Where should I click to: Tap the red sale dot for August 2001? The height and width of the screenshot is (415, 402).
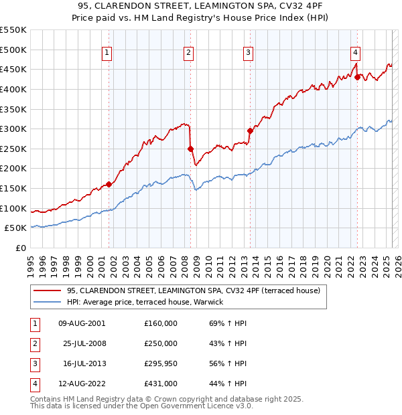click(109, 184)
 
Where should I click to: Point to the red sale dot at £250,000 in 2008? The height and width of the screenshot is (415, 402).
click(191, 149)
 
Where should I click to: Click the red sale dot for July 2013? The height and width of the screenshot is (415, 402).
click(250, 131)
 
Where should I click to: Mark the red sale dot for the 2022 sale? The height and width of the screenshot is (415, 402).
click(358, 77)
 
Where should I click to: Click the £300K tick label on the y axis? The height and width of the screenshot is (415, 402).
click(13, 129)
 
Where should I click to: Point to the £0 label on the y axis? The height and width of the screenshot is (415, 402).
click(21, 248)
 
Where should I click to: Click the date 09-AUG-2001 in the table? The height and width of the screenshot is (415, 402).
click(82, 323)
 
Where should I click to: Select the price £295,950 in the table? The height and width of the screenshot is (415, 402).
click(161, 363)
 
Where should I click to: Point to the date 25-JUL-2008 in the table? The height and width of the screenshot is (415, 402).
click(84, 343)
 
